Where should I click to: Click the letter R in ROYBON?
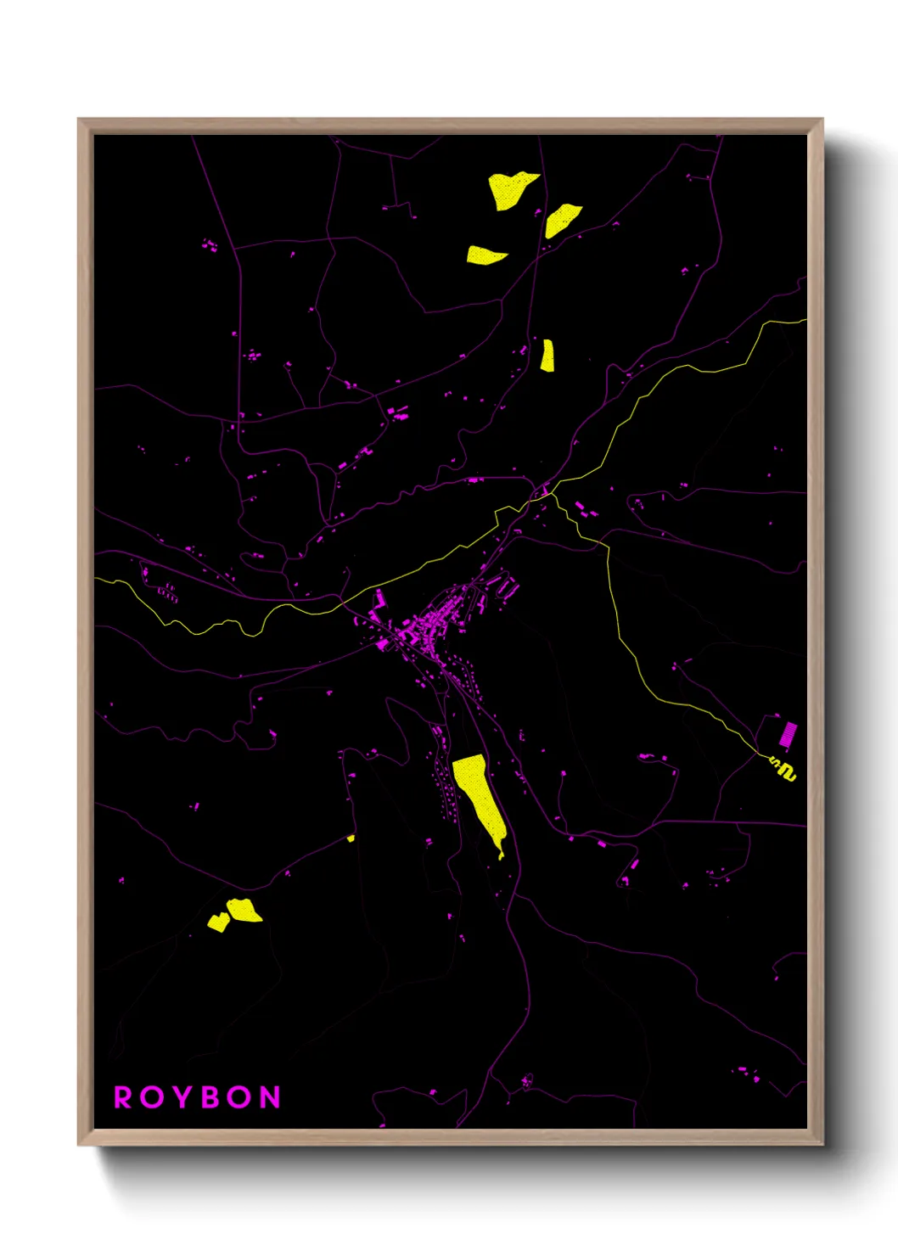(x=123, y=1097)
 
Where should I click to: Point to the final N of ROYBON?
(x=270, y=1097)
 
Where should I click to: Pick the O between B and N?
(x=240, y=1097)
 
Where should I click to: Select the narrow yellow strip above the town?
(x=547, y=356)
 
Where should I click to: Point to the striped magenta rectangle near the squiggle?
(x=789, y=734)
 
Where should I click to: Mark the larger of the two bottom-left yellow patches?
(x=244, y=910)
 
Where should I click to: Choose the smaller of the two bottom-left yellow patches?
(x=218, y=922)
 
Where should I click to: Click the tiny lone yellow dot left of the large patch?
(x=351, y=838)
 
